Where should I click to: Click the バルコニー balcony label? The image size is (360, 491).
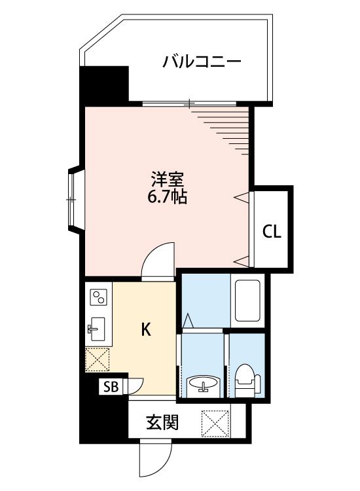click(x=202, y=62)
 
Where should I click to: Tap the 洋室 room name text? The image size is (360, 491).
click(x=167, y=179)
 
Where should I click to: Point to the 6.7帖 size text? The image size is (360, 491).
click(x=167, y=197)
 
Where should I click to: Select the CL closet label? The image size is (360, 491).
click(x=272, y=232)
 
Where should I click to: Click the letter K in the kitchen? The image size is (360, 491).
click(x=146, y=329)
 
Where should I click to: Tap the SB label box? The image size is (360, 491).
click(x=111, y=388)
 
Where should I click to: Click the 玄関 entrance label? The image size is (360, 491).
click(x=162, y=422)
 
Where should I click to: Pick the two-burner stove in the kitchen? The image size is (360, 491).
click(x=99, y=297)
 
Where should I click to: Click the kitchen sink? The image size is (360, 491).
click(x=96, y=329)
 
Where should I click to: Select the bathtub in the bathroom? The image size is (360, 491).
click(x=247, y=300)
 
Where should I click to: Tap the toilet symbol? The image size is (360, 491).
click(x=247, y=379)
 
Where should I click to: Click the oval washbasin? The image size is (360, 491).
click(x=203, y=384)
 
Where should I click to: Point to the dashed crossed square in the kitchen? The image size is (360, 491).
click(x=98, y=360)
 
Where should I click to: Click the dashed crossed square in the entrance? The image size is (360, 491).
click(x=215, y=423)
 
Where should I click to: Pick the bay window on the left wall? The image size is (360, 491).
click(x=75, y=200)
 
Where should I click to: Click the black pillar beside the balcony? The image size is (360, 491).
click(x=104, y=86)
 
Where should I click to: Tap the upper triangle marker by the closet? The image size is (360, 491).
click(x=243, y=197)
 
